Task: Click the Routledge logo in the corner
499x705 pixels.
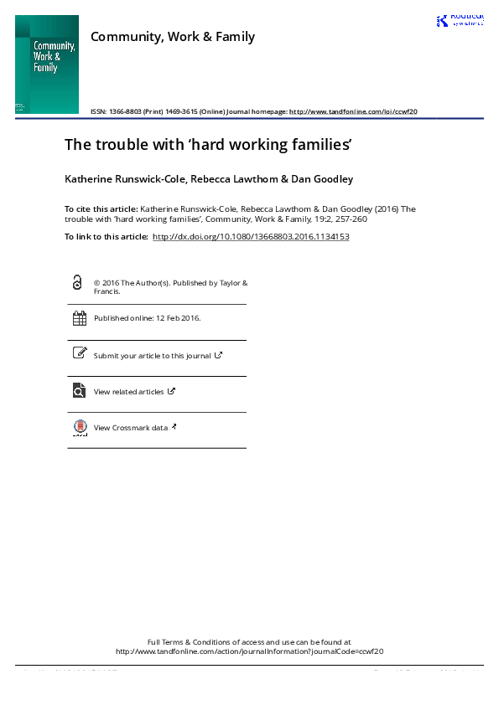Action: [x=459, y=21]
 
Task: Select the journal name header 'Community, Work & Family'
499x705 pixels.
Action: [x=173, y=37]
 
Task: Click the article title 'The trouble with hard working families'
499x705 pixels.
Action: [x=207, y=145]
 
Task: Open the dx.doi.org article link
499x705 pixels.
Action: [x=250, y=237]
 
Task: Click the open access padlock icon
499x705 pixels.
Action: [x=78, y=283]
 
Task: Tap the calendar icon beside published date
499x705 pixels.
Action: [x=80, y=318]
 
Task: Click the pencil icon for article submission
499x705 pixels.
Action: [x=80, y=353]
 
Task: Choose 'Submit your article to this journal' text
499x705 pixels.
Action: [x=153, y=356]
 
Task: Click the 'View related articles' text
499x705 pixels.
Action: [x=129, y=392]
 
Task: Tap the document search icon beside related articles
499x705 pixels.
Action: [x=80, y=390]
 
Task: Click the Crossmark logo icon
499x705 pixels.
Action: [x=80, y=427]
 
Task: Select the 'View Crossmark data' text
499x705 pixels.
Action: [x=130, y=428]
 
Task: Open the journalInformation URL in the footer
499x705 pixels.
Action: [x=249, y=651]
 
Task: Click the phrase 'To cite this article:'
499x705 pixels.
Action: [x=101, y=208]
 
